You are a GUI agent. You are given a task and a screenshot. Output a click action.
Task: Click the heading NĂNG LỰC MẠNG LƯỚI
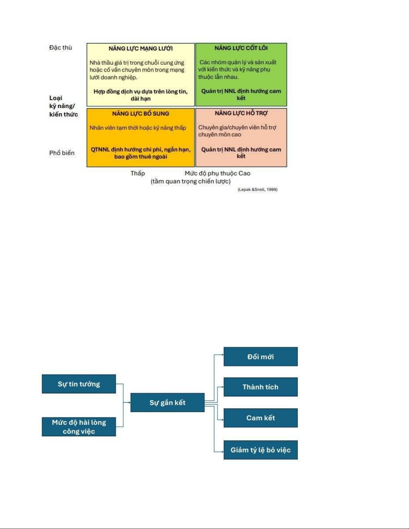(141, 48)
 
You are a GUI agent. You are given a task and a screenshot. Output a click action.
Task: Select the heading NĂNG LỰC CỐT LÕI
(241, 48)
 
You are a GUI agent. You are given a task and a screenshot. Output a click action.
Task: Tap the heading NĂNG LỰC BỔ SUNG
(141, 113)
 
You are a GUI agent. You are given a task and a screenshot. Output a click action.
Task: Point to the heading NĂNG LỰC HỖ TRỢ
(241, 113)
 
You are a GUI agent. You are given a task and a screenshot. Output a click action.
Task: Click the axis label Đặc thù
(61, 47)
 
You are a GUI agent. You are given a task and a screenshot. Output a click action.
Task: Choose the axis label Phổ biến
(62, 153)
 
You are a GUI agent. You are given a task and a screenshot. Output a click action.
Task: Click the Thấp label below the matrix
(138, 173)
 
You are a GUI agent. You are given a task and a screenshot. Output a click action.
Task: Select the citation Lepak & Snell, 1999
(257, 189)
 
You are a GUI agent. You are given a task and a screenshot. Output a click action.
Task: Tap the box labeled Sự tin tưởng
(79, 384)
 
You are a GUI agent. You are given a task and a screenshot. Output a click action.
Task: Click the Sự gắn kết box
(168, 403)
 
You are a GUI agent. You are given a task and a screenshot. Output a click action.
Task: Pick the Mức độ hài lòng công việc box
(79, 427)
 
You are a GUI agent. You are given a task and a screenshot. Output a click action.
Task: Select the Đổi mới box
(260, 357)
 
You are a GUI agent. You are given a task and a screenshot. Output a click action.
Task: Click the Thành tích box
(260, 387)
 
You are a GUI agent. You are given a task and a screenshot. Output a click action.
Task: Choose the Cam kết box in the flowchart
(260, 418)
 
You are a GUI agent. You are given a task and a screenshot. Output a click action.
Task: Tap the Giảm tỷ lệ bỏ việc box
(260, 450)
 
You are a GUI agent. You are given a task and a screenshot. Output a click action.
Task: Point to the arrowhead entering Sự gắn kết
(129, 403)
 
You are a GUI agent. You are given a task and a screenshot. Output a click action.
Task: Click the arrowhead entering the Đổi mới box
(222, 355)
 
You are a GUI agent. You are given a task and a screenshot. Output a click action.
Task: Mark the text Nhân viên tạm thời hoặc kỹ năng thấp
(138, 128)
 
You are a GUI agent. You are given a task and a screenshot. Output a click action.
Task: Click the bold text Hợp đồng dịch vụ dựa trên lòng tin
(141, 91)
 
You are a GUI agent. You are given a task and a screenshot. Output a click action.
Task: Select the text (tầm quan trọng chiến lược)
(191, 181)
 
